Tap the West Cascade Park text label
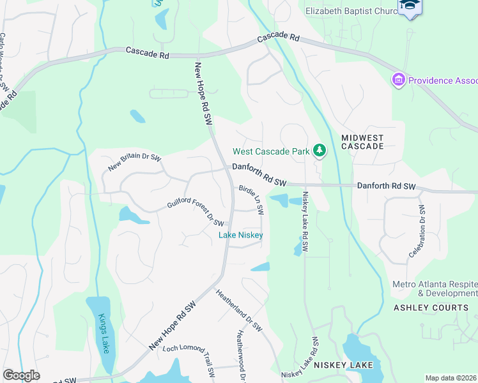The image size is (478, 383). (x=271, y=152)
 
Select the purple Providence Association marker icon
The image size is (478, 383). (x=399, y=80)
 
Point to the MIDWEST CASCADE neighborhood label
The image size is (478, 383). (x=362, y=142)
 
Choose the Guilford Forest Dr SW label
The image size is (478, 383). (x=195, y=213)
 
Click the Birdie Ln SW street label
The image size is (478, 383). (x=251, y=200)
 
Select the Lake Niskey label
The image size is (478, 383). (x=241, y=235)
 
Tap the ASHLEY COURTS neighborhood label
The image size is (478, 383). (x=430, y=308)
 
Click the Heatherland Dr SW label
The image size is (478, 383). (x=239, y=310)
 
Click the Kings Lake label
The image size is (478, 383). (x=103, y=333)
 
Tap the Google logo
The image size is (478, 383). (x=21, y=375)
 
